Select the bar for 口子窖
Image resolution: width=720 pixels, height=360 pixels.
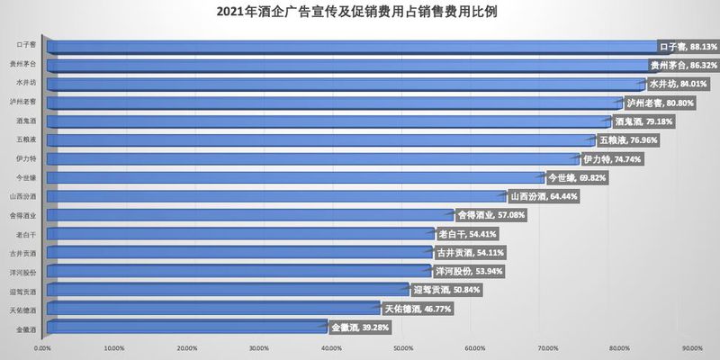[351, 46]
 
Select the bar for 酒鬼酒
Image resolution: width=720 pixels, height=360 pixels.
[324, 121]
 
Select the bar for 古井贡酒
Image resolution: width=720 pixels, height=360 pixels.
[234, 252]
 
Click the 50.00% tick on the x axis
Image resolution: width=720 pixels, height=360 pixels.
[403, 347]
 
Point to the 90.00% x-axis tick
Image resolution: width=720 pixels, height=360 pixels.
[692, 347]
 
